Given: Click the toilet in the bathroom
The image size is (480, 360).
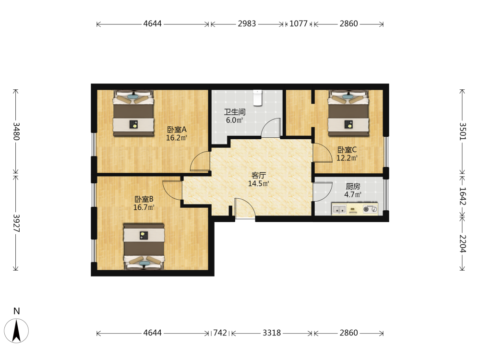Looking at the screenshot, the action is [258, 97].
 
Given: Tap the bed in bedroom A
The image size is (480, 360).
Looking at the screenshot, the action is [133, 113].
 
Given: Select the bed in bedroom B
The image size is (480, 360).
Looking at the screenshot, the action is [144, 246].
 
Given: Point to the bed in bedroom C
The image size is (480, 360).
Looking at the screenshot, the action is [348, 113].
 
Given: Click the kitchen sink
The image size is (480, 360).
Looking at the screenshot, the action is [339, 209].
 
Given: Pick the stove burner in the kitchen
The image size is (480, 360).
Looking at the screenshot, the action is [366, 209].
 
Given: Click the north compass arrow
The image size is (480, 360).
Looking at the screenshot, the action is [16, 331].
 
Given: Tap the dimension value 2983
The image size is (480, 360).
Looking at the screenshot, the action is [247, 24].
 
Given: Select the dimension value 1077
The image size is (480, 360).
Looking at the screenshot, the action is [299, 24].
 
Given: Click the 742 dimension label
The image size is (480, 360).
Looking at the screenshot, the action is [220, 333].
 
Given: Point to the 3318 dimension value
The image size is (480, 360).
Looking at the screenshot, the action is [272, 333].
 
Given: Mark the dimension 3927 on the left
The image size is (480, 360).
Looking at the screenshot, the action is [16, 223].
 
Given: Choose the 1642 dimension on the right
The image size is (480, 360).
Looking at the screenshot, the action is [463, 196].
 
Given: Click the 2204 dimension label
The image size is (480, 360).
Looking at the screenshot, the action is [463, 244].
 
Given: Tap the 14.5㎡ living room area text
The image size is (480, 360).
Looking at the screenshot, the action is [259, 184].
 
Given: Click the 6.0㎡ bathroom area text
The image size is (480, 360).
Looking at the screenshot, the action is [235, 120].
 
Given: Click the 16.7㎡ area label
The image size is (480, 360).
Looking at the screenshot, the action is [144, 207].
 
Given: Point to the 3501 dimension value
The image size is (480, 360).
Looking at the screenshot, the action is [463, 132].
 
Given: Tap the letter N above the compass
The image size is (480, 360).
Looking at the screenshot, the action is [16, 311].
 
